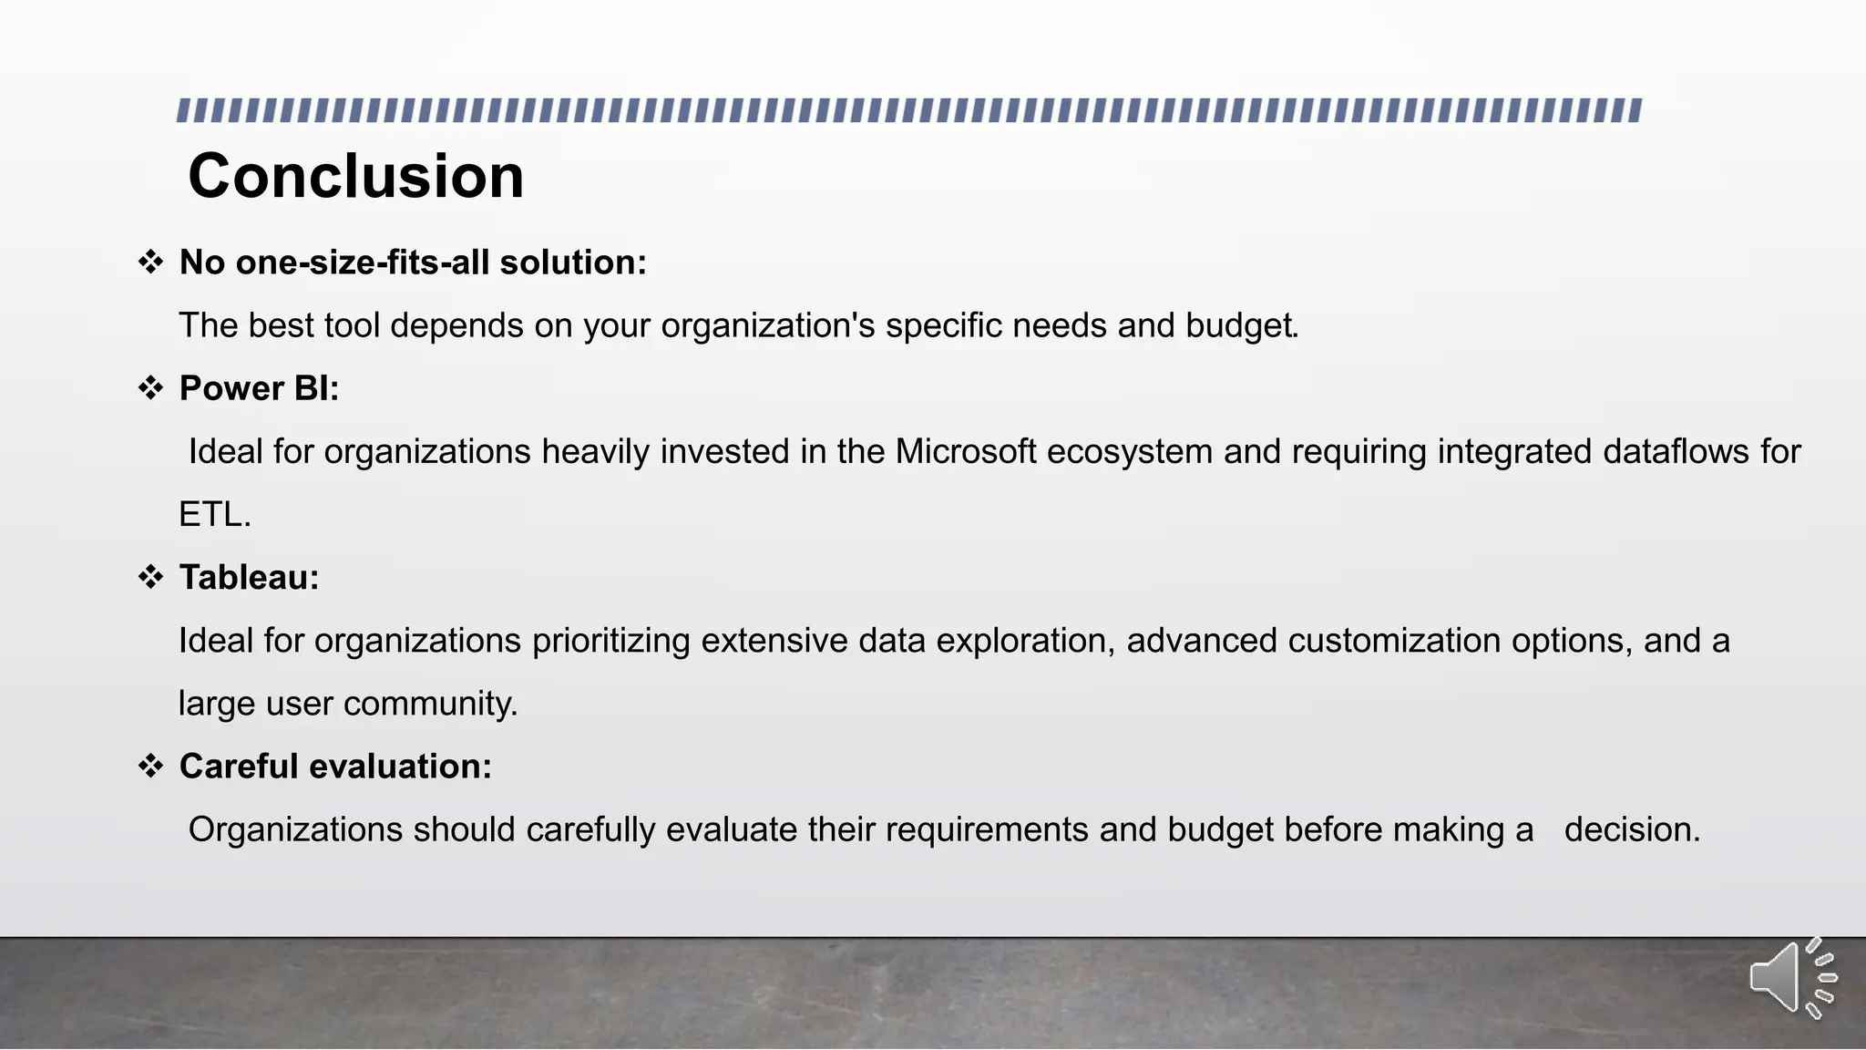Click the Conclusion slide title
[x=355, y=176]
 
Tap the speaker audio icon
[x=1791, y=978]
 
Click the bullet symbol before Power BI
[x=150, y=388]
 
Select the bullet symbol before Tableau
[x=150, y=577]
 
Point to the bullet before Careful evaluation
[x=150, y=766]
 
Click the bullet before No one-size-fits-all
[x=150, y=262]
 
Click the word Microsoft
[x=966, y=452]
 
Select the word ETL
[x=213, y=515]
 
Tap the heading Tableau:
[x=249, y=578]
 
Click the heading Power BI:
[x=259, y=388]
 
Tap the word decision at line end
[x=1631, y=829]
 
